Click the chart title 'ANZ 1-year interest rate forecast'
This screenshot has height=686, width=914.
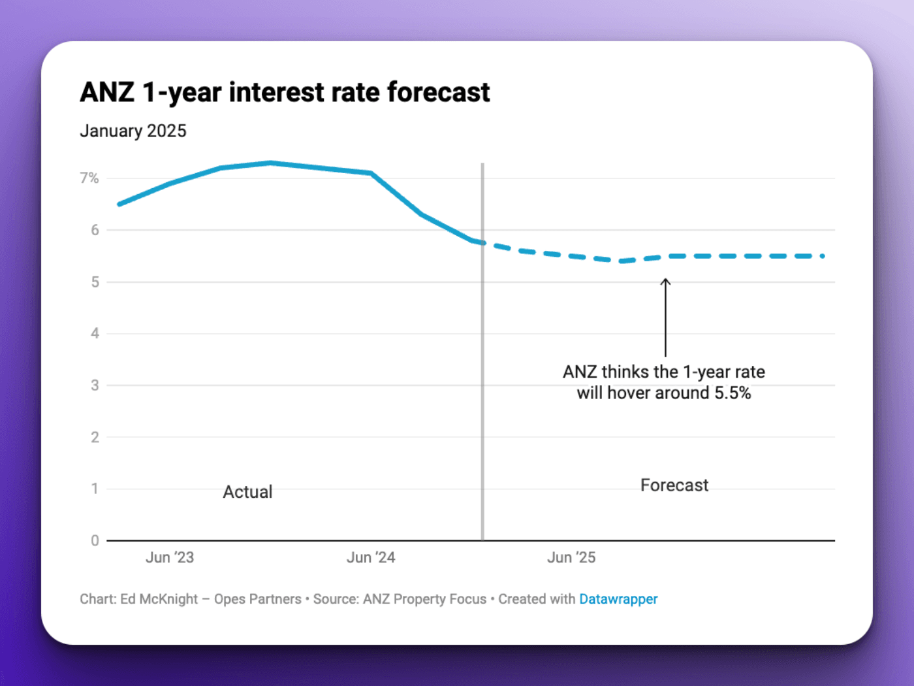285,92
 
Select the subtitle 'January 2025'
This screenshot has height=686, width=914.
133,131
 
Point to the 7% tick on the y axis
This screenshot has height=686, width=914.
89,178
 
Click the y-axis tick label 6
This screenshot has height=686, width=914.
95,230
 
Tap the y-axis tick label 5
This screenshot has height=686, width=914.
95,282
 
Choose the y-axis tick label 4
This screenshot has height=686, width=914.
95,333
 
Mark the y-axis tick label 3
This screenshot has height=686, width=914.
95,385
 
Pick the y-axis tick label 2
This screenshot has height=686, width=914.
95,437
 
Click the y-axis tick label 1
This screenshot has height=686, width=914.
95,489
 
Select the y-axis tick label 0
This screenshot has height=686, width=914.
95,540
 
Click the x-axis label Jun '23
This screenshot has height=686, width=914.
170,557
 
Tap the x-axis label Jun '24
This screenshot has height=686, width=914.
371,557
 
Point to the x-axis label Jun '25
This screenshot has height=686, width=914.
571,557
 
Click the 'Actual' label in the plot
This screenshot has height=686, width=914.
247,492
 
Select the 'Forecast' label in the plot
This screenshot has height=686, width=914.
674,485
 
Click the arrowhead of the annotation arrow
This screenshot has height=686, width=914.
665,282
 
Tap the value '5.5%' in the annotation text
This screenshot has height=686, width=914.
733,393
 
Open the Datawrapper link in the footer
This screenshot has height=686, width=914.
618,599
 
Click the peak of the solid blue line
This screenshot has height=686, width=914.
271,163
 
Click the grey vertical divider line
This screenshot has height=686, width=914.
482,392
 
